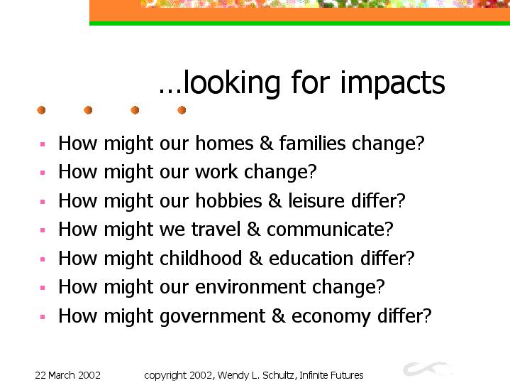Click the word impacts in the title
[x=392, y=83]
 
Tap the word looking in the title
[x=231, y=83]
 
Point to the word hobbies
[x=228, y=200]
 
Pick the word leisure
[x=316, y=200]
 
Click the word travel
[x=216, y=229]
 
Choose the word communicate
[x=326, y=230]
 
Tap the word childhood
[x=201, y=258]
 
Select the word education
[x=311, y=258]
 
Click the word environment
[x=250, y=287]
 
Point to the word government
[x=212, y=316]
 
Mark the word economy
[x=331, y=317]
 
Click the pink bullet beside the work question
[x=43, y=173]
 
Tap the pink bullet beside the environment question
[x=43, y=288]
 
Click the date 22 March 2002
[x=67, y=375]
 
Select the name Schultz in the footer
[x=279, y=375]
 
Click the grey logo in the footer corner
[x=426, y=369]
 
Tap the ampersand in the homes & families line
[x=267, y=143]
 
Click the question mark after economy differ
[x=427, y=315]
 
